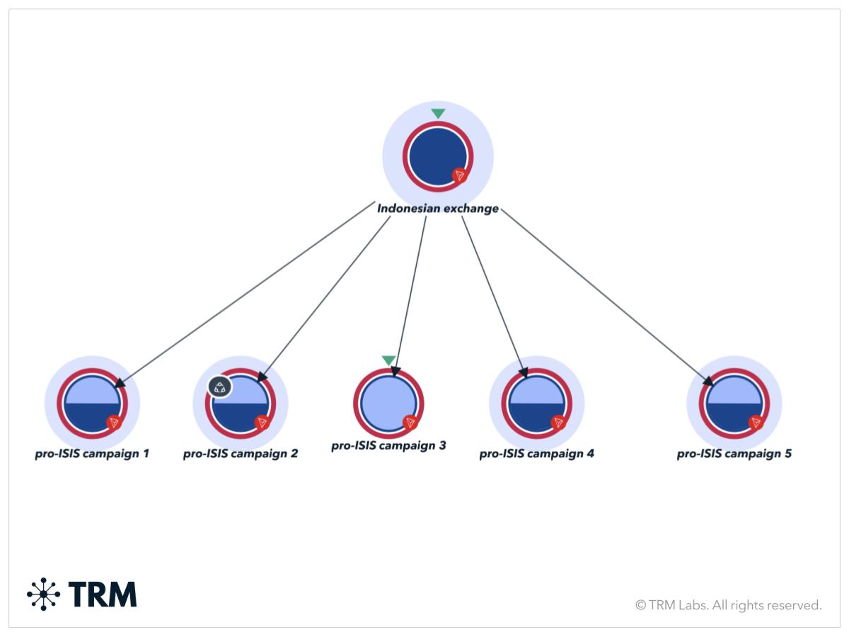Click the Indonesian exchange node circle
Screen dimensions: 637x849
[437, 156]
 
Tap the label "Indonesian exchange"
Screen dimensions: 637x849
[437, 209]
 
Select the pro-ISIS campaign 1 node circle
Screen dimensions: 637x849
[92, 403]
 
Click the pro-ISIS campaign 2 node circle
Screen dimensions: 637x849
[241, 403]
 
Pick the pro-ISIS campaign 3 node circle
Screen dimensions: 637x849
[388, 403]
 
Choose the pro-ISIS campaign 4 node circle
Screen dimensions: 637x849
[537, 403]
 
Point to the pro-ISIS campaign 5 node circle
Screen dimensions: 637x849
[734, 403]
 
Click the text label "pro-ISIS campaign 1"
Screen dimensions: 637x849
[92, 454]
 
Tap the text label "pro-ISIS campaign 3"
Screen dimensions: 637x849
[388, 447]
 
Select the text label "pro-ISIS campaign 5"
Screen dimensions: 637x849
[734, 454]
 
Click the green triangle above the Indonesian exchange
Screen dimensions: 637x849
[438, 113]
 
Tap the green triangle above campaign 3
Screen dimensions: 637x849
[388, 360]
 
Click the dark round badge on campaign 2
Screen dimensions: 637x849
[220, 387]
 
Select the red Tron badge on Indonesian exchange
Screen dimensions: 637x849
[460, 176]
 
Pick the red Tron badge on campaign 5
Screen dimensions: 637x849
[756, 423]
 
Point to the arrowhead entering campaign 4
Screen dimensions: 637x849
[524, 372]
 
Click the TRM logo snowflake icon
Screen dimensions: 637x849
[44, 594]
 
